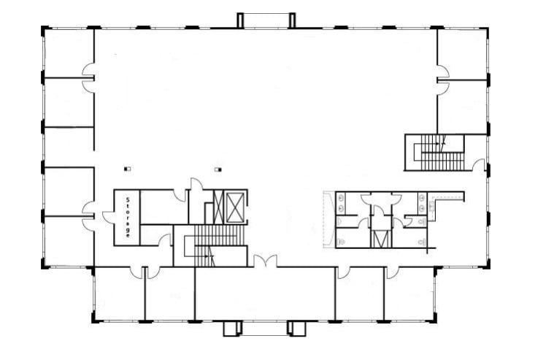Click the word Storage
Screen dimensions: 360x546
(x=128, y=218)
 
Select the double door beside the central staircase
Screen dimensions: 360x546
(x=265, y=260)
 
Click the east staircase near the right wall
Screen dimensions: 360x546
(x=437, y=152)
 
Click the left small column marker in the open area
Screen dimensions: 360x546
(x=127, y=169)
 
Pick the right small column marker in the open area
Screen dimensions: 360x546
(x=218, y=169)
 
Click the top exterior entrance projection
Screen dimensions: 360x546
(x=266, y=20)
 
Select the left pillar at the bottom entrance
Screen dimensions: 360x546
(x=232, y=328)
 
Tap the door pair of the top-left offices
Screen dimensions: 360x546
(x=88, y=78)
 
